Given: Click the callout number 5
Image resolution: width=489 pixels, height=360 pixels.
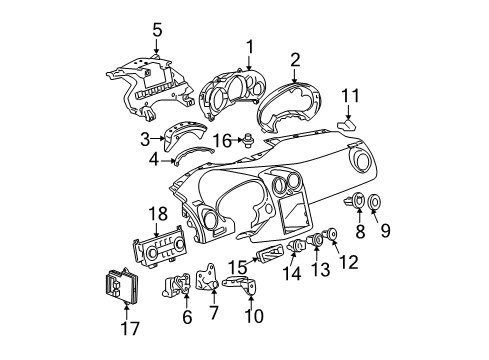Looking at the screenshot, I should pyautogui.click(x=155, y=29).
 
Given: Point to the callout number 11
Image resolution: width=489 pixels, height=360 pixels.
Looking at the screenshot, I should pyautogui.click(x=349, y=95).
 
